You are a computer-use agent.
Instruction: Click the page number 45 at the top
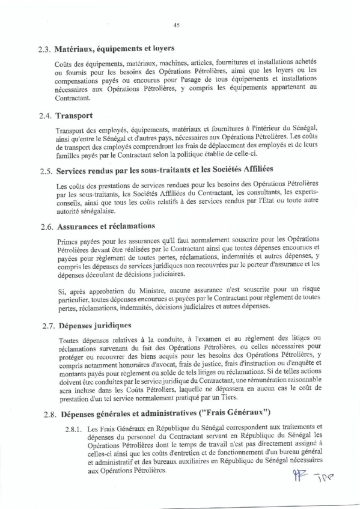[x=176, y=25]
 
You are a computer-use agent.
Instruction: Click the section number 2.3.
[x=45, y=48]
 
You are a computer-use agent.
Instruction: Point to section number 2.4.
[x=45, y=115]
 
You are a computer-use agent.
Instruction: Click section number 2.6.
[x=45, y=227]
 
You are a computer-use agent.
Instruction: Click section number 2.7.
[x=45, y=326]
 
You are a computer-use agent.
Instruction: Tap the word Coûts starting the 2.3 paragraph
[x=64, y=64]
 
